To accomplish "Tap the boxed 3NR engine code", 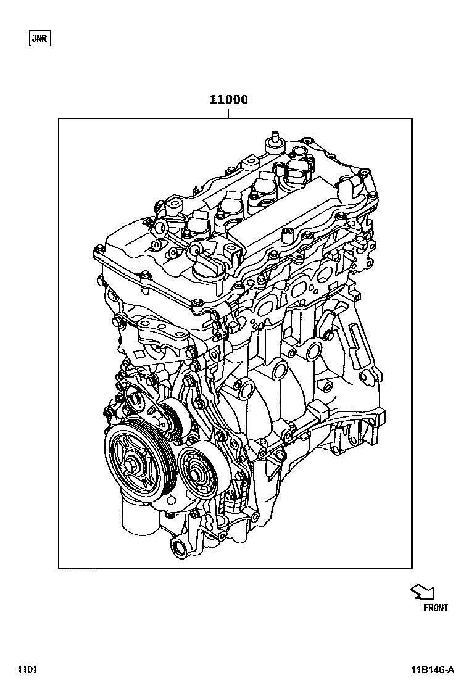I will tap(39, 39).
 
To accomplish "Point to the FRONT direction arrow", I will tap(423, 592).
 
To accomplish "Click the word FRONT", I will tap(436, 608).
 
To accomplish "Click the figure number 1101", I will tap(28, 669).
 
